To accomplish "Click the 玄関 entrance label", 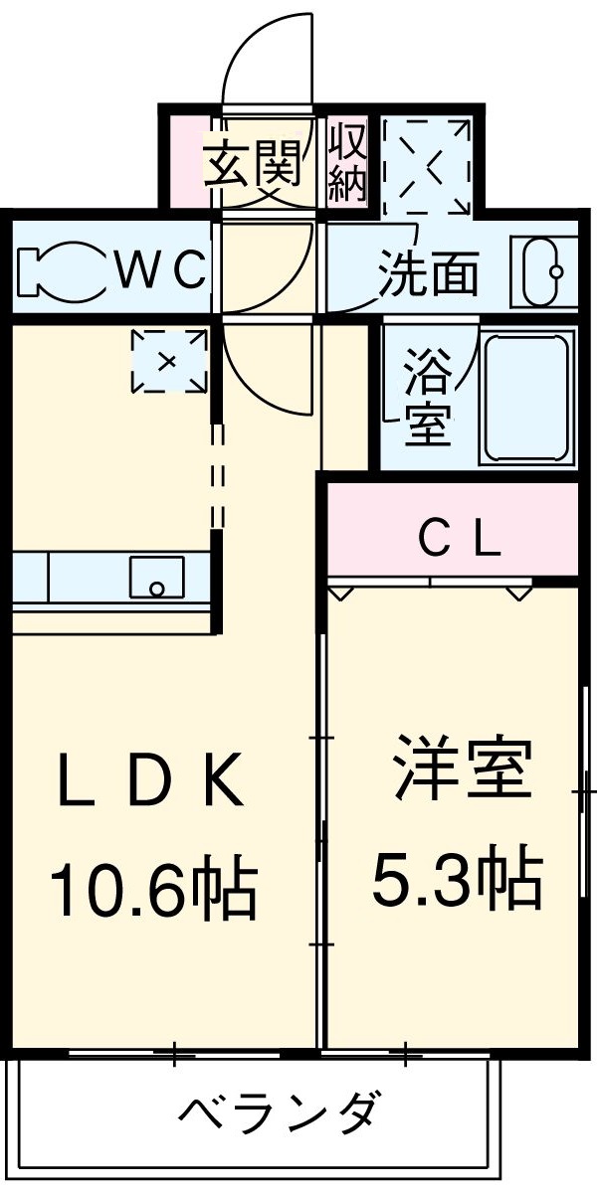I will point(254,165).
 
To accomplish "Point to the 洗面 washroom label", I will point(429,271).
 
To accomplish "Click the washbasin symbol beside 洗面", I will point(543,271).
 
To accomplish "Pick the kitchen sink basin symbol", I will point(156,578).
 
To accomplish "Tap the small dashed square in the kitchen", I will point(170,360).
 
